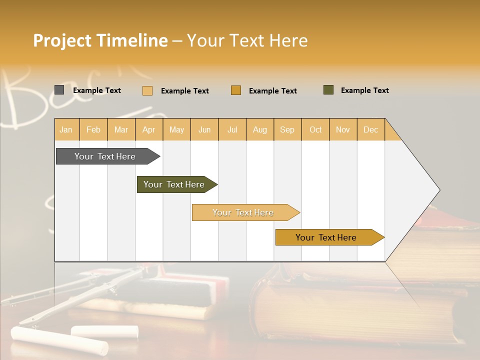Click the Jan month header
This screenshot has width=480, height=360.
click(x=66, y=129)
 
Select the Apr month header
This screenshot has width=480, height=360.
click(x=148, y=129)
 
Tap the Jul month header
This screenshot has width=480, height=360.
click(x=232, y=129)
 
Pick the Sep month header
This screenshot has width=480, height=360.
click(x=287, y=129)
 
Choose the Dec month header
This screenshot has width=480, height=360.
click(x=370, y=129)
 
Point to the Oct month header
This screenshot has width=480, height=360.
click(x=315, y=129)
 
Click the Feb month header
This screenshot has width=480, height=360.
click(x=93, y=129)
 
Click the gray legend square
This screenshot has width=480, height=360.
click(x=59, y=90)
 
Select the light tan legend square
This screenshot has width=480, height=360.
click(x=147, y=90)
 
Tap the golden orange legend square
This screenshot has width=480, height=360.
click(x=236, y=90)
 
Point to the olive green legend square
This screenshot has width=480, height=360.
click(x=328, y=90)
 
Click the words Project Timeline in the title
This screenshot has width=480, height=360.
click(x=100, y=40)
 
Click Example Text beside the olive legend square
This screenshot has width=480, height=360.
click(x=364, y=90)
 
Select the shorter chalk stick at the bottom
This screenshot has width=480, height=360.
click(x=104, y=330)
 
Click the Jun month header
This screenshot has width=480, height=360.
click(x=204, y=129)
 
